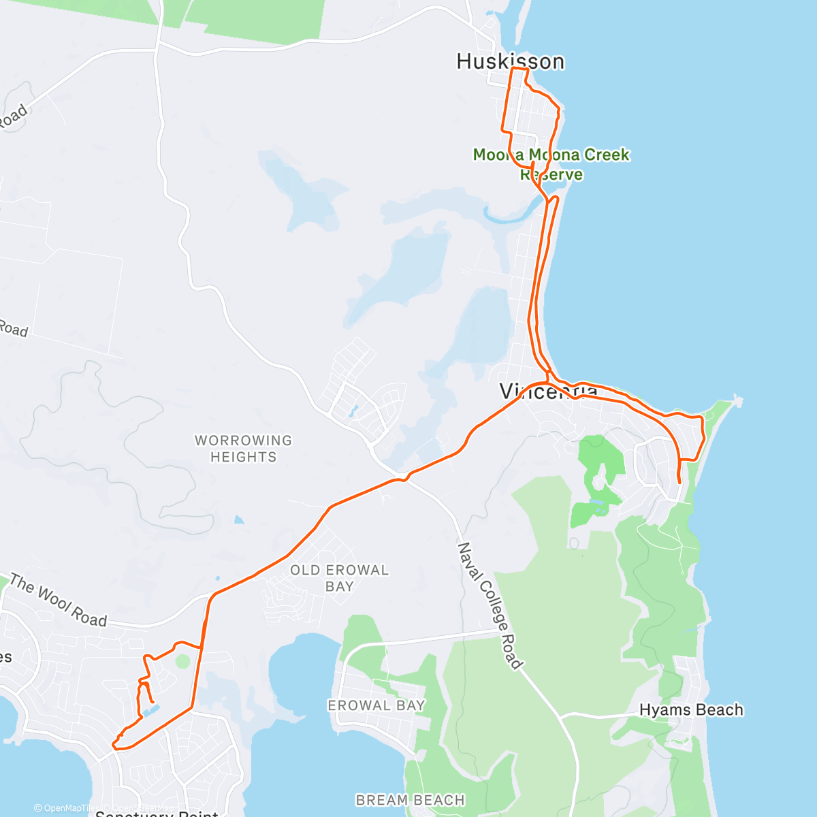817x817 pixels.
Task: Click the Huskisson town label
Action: pyautogui.click(x=510, y=61)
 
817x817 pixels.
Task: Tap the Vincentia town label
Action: pyautogui.click(x=548, y=391)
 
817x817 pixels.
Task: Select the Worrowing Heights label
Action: pyautogui.click(x=243, y=449)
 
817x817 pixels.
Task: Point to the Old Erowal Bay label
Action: pyautogui.click(x=339, y=578)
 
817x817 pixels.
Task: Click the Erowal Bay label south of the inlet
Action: pyautogui.click(x=377, y=705)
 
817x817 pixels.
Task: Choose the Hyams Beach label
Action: pyautogui.click(x=691, y=710)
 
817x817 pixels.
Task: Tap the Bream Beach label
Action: pyautogui.click(x=411, y=800)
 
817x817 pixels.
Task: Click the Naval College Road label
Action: pyautogui.click(x=490, y=605)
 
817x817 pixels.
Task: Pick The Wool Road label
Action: pyautogui.click(x=59, y=601)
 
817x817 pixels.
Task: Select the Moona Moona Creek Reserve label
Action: pyautogui.click(x=551, y=164)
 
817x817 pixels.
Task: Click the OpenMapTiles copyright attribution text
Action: pyautogui.click(x=65, y=809)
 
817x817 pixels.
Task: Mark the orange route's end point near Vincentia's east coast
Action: pyautogui.click(x=680, y=483)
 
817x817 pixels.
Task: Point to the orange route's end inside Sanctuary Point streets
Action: pyautogui.click(x=153, y=702)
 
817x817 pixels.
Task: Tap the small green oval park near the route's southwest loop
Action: pyautogui.click(x=182, y=660)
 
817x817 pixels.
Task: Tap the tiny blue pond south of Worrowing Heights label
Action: pyautogui.click(x=238, y=520)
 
